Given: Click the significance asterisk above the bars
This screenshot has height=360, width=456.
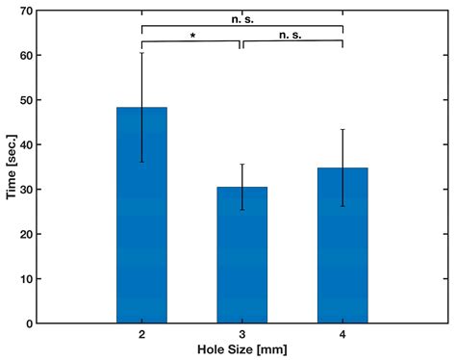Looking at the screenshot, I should pyautogui.click(x=192, y=37).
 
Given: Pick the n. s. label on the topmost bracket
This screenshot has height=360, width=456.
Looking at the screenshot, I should pyautogui.click(x=242, y=16).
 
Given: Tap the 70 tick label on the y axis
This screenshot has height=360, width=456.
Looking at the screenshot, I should pyautogui.click(x=26, y=11).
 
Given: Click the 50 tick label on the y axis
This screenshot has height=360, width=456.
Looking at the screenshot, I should pyautogui.click(x=26, y=100).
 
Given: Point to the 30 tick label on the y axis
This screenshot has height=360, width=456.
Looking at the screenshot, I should pyautogui.click(x=26, y=190).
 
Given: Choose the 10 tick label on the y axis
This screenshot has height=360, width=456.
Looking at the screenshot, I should pyautogui.click(x=26, y=279).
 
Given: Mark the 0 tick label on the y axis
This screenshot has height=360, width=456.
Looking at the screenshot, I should pyautogui.click(x=30, y=323).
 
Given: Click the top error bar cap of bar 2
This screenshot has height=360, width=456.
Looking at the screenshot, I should pyautogui.click(x=141, y=52).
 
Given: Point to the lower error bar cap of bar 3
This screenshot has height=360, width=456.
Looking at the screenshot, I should pyautogui.click(x=241, y=210).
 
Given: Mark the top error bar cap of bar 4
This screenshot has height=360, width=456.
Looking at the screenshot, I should pyautogui.click(x=342, y=129).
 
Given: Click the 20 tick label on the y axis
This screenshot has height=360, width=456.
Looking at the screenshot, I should pyautogui.click(x=26, y=234).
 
